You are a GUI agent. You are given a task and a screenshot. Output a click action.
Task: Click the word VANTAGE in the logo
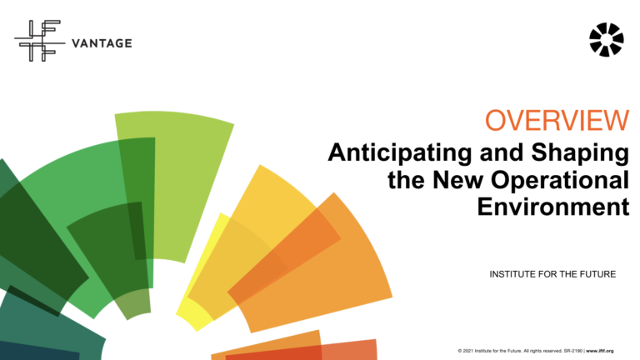[x=102, y=43]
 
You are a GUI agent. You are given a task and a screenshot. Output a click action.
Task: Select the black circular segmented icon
[x=605, y=39]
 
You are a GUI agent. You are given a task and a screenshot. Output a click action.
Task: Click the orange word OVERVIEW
[x=557, y=121]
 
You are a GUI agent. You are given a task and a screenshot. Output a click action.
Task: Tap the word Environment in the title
[x=552, y=207]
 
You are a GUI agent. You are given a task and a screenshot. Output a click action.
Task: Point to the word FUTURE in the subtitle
[x=597, y=274]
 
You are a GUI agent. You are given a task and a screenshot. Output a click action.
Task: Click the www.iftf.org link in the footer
[x=606, y=351]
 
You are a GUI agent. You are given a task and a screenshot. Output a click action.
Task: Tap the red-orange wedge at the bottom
[x=333, y=351]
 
